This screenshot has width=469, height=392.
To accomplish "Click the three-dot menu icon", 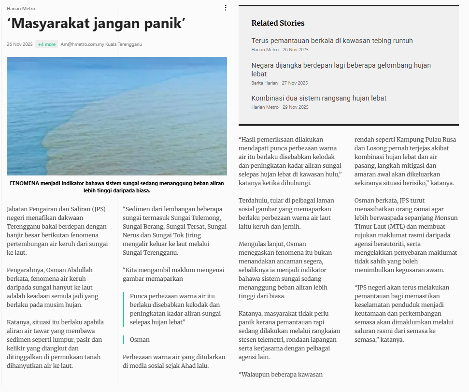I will tap(226, 8).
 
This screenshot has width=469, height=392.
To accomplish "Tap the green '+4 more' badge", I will tap(47, 44).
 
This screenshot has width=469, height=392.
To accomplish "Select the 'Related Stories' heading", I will tap(278, 23).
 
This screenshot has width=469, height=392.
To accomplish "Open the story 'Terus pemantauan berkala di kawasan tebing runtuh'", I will tap(332, 41).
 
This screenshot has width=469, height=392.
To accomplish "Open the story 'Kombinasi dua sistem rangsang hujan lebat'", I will tap(319, 98).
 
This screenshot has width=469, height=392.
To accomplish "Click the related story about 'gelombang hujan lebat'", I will tap(341, 69).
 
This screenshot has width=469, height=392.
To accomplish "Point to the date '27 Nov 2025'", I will tap(295, 83).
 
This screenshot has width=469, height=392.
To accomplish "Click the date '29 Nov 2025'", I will tap(295, 107).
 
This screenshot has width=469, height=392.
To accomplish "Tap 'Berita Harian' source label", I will tap(264, 83).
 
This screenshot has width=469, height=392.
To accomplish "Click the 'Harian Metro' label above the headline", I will tap(21, 9).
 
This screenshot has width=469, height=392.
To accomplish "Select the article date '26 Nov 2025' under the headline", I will tap(20, 44).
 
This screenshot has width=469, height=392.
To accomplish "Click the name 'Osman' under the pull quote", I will tap(140, 340).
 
